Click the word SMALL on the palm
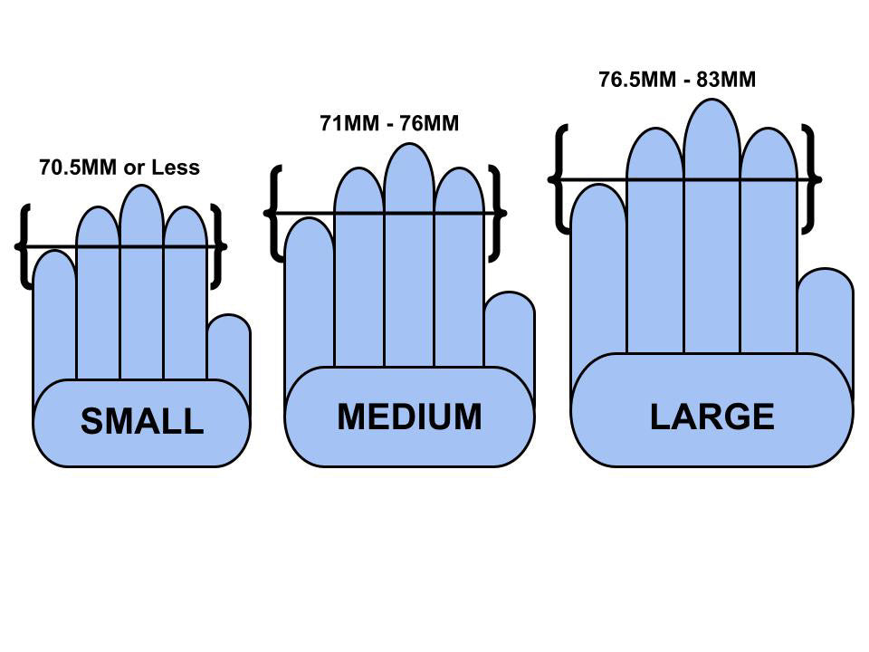[x=142, y=422]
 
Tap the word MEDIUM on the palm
[x=409, y=417]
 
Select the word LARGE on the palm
[x=711, y=417]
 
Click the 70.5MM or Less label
[x=119, y=168]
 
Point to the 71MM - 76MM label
[x=389, y=123]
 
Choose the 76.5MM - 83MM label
[x=677, y=79]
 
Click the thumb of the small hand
[x=229, y=349]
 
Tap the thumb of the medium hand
[x=510, y=331]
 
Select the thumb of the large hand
[x=826, y=312]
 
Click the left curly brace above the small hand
[x=25, y=246]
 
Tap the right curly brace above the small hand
[x=216, y=246]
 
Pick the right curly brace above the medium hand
[x=495, y=214]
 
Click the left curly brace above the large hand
[x=559, y=178]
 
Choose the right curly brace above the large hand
[x=811, y=178]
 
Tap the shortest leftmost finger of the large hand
[x=598, y=272]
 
